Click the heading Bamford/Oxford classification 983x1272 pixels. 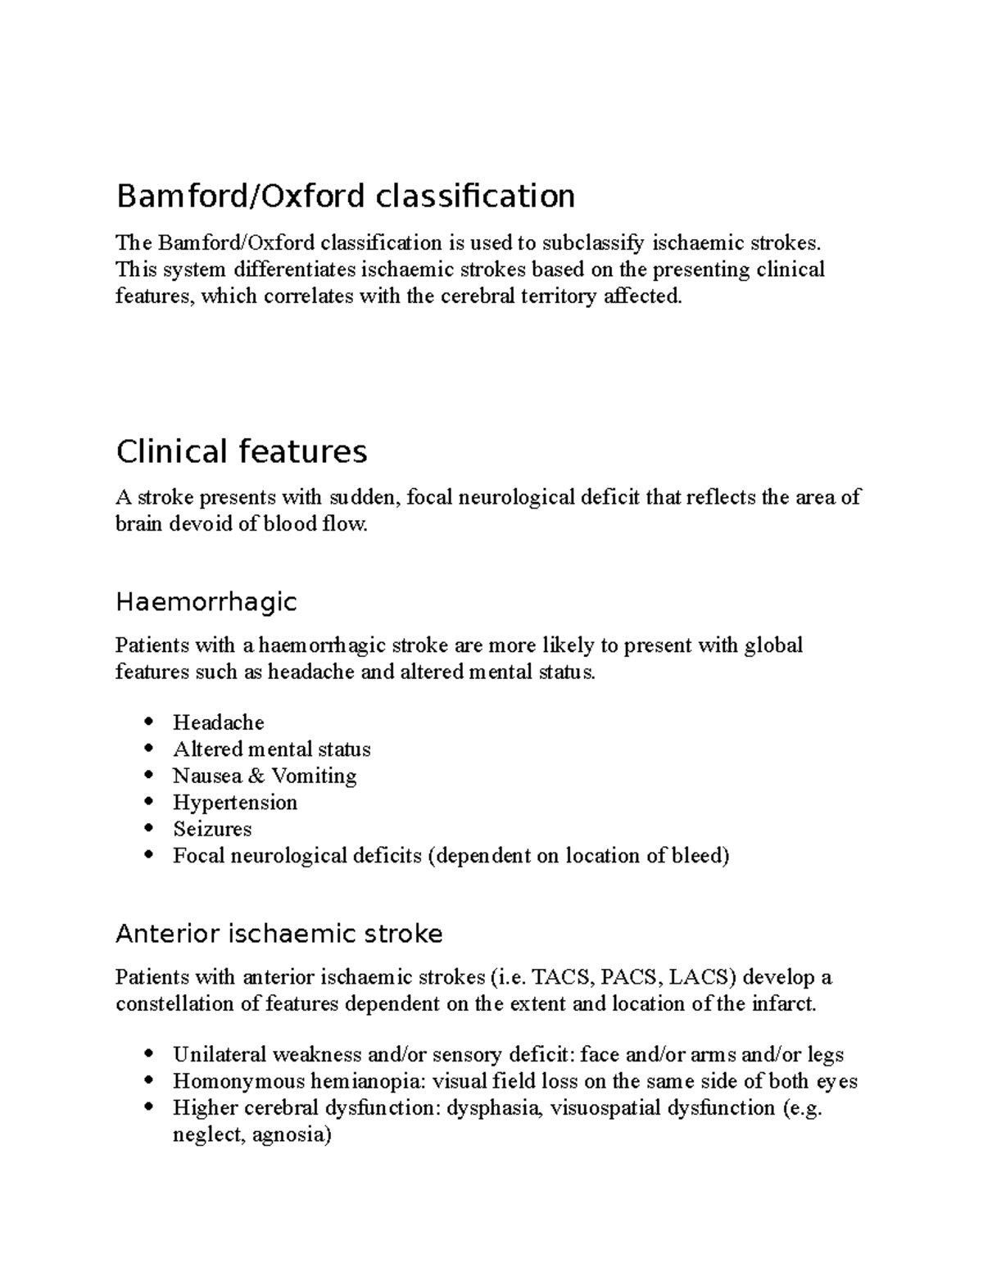pyautogui.click(x=345, y=197)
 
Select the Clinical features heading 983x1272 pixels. pyautogui.click(x=242, y=451)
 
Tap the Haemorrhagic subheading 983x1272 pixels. pyautogui.click(x=206, y=602)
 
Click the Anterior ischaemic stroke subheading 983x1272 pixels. pyautogui.click(x=279, y=934)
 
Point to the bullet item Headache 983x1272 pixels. pyautogui.click(x=219, y=722)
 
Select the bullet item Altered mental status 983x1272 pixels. pyautogui.click(x=271, y=749)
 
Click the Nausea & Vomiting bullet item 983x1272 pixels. pyautogui.click(x=265, y=776)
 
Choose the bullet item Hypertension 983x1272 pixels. pyautogui.click(x=235, y=803)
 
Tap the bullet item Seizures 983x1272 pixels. pyautogui.click(x=212, y=829)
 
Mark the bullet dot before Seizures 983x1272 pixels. pyautogui.click(x=147, y=829)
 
